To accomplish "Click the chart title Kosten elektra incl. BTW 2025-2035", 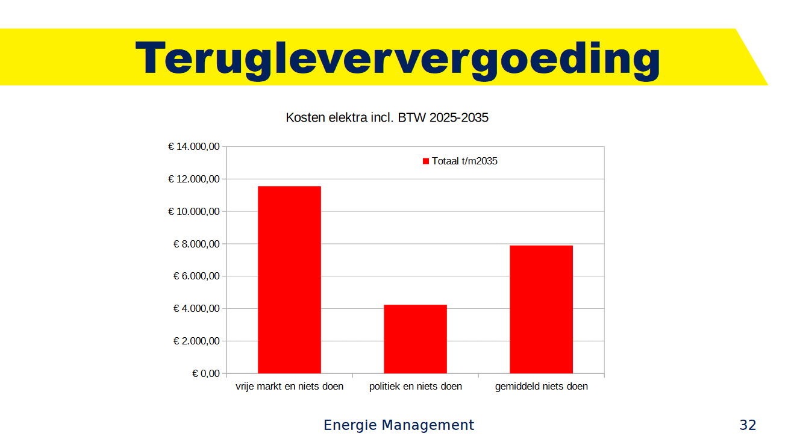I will click(387, 118).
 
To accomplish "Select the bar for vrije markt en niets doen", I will click(289, 280).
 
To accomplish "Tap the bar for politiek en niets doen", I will click(415, 339).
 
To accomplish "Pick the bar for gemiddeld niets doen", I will click(541, 310).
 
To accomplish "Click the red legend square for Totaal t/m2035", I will click(426, 161).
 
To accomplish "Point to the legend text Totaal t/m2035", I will click(464, 161).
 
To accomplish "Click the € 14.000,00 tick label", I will click(193, 147).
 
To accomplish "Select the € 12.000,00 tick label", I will click(193, 179).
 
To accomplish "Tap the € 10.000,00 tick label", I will click(193, 212).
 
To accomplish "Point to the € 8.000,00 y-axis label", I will click(196, 244).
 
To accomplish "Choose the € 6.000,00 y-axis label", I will click(196, 276).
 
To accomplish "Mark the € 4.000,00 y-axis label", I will click(196, 309).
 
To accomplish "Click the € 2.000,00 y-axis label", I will click(196, 341).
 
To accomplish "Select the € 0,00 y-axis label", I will click(206, 374).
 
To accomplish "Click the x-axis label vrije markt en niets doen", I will click(289, 387).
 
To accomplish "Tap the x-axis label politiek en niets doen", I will click(416, 387).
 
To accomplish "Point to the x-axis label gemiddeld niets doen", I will click(541, 387).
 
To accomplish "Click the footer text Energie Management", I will click(399, 425).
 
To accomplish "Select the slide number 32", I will click(748, 425).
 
